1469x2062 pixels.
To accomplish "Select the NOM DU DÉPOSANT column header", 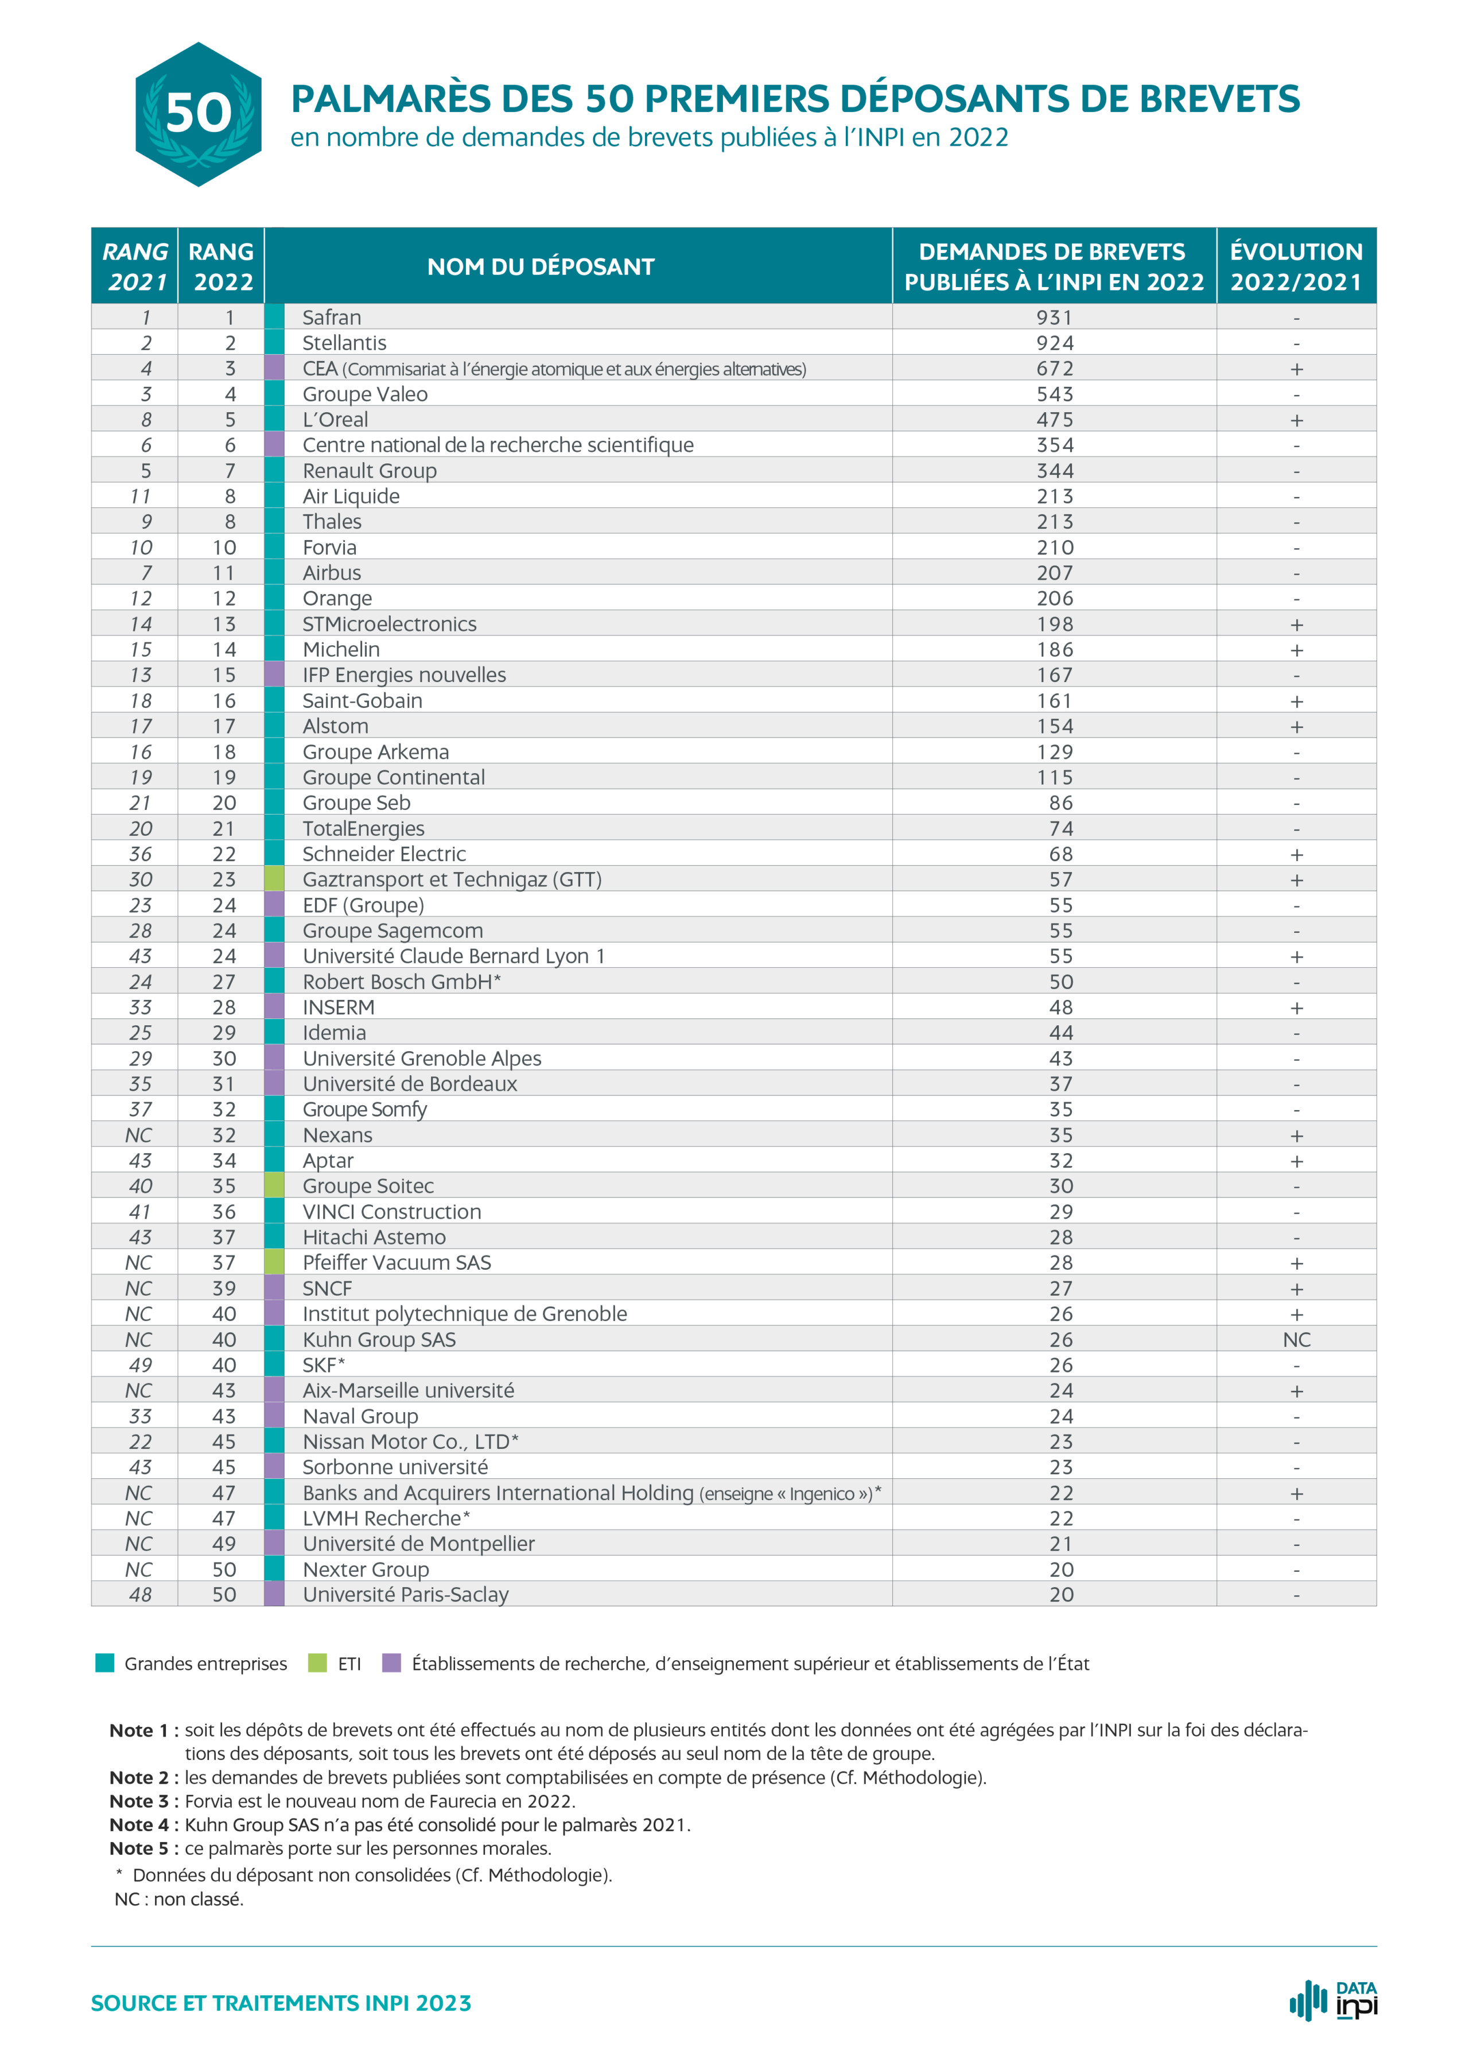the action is (541, 267).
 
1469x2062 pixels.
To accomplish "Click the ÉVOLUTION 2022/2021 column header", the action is (1296, 267).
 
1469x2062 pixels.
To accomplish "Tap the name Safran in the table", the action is (332, 317).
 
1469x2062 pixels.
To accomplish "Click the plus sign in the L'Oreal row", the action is (1296, 420).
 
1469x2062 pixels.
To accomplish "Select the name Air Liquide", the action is (351, 496).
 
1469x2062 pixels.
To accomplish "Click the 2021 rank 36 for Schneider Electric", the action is (140, 854).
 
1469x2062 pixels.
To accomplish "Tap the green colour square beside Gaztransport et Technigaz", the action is (274, 879).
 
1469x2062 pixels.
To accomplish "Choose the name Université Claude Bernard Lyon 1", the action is (454, 956).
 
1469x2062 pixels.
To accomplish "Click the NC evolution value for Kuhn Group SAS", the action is (1296, 1340).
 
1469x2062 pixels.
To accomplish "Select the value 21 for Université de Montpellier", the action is (1061, 1544).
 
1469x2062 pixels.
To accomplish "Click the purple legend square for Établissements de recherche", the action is (392, 1663).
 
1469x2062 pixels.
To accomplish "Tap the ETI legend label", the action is (349, 1664).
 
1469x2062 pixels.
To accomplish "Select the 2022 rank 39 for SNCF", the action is (224, 1288).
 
